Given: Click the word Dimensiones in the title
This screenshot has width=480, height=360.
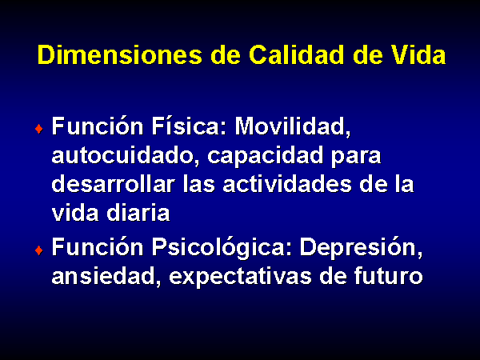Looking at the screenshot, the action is tap(120, 54).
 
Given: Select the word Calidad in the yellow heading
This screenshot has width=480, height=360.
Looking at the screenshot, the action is tap(296, 54).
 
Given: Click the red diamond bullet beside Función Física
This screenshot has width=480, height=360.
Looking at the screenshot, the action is tap(39, 129).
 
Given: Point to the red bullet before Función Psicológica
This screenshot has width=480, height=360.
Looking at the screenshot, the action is tap(39, 250).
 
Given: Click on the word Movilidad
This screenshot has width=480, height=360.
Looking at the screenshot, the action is tap(293, 126).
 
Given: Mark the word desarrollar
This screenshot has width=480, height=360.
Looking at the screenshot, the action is tap(114, 184).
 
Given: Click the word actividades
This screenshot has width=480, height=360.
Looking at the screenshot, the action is tap(287, 184).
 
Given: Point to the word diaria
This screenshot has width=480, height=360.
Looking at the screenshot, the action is tap(138, 213).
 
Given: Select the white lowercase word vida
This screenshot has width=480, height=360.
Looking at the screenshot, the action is tap(75, 213).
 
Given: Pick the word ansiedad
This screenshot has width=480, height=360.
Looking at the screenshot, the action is tap(106, 277).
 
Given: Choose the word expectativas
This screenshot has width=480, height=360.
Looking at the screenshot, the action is tap(240, 278).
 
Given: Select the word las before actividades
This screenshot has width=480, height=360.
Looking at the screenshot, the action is tap(199, 184).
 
